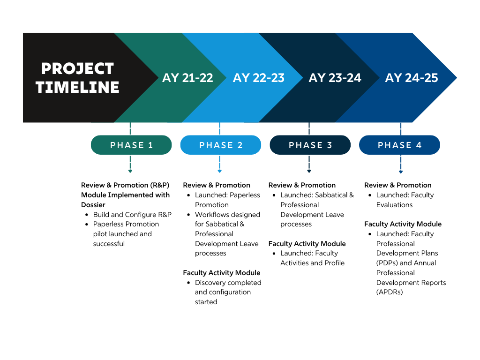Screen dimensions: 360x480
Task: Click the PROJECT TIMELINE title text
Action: [x=77, y=78]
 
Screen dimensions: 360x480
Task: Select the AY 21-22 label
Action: [x=187, y=78]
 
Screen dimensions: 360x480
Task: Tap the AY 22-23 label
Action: [x=259, y=78]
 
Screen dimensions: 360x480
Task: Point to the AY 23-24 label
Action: [x=335, y=78]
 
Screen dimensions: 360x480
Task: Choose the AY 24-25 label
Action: [x=412, y=78]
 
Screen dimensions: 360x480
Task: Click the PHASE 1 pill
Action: [x=131, y=145]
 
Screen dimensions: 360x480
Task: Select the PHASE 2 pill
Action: [x=221, y=145]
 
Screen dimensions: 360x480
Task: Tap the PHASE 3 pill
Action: [x=310, y=145]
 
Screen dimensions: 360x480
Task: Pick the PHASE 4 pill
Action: [x=400, y=145]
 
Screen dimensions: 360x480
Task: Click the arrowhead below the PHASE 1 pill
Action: [x=130, y=171]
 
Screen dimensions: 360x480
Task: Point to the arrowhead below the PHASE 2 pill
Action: [x=219, y=171]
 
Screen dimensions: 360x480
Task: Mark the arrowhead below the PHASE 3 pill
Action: [x=309, y=171]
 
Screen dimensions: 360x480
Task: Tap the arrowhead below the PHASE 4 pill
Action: [x=401, y=171]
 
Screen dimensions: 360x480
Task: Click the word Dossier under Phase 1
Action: [x=93, y=205]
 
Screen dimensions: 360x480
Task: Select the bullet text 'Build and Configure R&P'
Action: [x=132, y=215]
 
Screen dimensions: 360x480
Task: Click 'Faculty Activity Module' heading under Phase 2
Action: [x=221, y=273]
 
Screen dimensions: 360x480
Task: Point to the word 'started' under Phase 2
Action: [x=206, y=302]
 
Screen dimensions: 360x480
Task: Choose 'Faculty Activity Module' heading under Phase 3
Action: [x=307, y=244]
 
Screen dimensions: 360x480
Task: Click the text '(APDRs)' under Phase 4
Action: [x=390, y=292]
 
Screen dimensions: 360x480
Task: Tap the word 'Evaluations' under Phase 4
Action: [x=394, y=205]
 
